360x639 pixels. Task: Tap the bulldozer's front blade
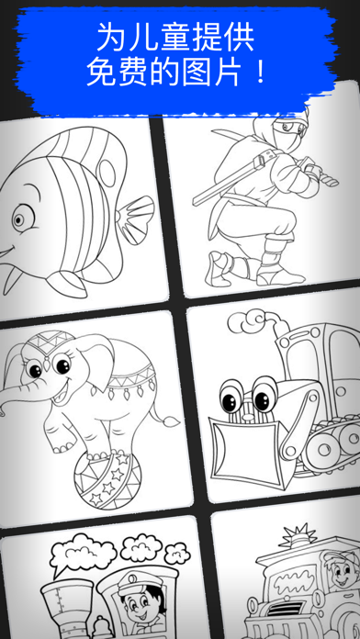[243, 450]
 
